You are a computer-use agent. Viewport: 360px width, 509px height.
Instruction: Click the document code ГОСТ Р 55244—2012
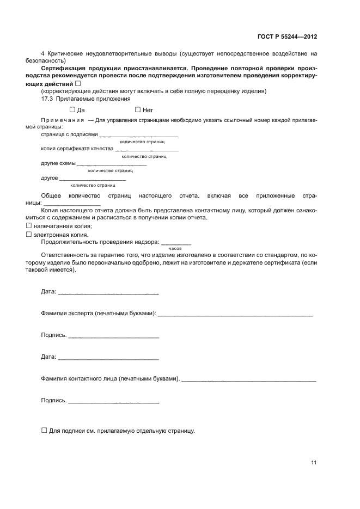287,36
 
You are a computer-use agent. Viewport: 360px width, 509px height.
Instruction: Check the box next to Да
72,109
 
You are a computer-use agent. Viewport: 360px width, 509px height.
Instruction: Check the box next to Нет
137,109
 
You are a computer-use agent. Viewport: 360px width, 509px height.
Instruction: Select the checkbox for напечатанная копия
29,226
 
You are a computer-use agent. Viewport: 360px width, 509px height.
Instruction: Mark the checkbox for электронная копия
29,235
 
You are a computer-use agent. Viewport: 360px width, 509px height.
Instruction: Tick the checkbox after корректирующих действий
77,83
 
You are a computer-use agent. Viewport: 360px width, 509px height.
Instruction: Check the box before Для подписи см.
44,430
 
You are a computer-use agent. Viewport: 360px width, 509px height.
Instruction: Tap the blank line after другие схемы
112,164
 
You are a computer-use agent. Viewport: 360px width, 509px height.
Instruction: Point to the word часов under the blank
175,248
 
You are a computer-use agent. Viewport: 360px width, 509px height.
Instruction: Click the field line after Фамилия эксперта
235,315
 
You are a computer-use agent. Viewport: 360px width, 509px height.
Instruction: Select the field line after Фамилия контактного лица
249,380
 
